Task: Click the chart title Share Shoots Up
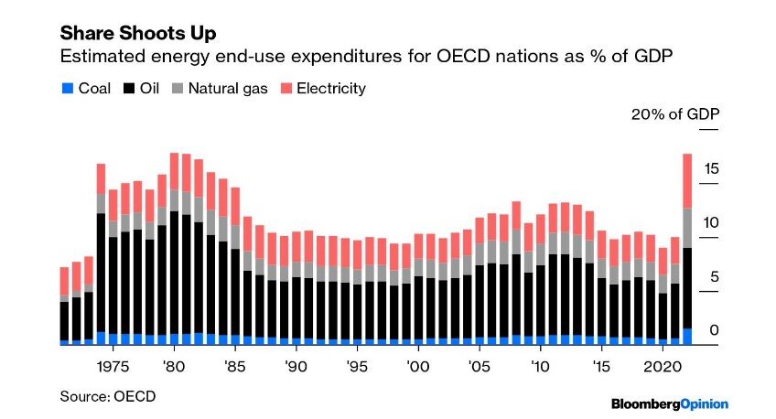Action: point(137,33)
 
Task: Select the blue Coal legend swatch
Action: point(65,89)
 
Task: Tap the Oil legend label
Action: point(146,89)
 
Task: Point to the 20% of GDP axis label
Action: point(674,114)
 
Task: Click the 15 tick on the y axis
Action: point(711,168)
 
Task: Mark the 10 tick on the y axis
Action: point(711,222)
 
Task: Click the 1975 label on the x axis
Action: point(113,365)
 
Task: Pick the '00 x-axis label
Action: point(418,365)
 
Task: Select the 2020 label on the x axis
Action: point(662,365)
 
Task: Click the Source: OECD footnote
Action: point(108,396)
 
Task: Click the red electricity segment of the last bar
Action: point(686,181)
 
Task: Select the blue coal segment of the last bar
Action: point(686,337)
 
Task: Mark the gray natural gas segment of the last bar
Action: point(686,228)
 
